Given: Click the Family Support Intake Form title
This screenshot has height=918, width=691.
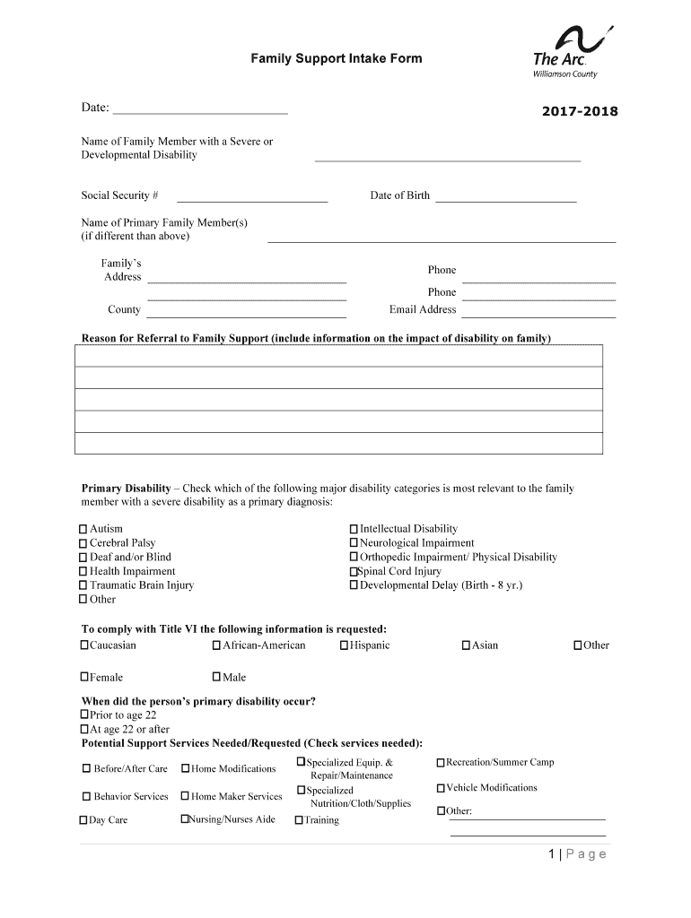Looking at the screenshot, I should pyautogui.click(x=336, y=59).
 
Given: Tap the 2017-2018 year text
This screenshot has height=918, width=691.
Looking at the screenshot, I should pyautogui.click(x=580, y=112).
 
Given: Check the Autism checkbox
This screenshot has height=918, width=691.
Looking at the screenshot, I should pyautogui.click(x=83, y=529).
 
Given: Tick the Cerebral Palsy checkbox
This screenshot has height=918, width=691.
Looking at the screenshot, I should pyautogui.click(x=83, y=543).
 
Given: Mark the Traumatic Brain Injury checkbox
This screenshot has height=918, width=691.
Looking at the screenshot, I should pyautogui.click(x=83, y=585).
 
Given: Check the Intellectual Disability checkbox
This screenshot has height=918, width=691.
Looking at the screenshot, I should pyautogui.click(x=354, y=529).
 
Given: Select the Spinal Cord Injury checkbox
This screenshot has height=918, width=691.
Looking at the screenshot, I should pyautogui.click(x=354, y=572).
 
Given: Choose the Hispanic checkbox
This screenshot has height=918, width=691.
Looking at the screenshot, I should pyautogui.click(x=345, y=645).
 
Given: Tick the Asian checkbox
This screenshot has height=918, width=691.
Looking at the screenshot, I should pyautogui.click(x=466, y=645).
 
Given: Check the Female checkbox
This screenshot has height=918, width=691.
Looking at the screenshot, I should pyautogui.click(x=84, y=677).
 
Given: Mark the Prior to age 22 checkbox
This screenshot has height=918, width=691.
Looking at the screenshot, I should pyautogui.click(x=84, y=714).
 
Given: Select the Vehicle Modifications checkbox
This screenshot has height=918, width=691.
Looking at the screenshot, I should pyautogui.click(x=441, y=788).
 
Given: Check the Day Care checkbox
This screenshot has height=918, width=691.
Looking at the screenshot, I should pyautogui.click(x=83, y=820).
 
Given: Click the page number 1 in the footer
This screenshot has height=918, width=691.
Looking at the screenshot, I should pyautogui.click(x=553, y=854).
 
